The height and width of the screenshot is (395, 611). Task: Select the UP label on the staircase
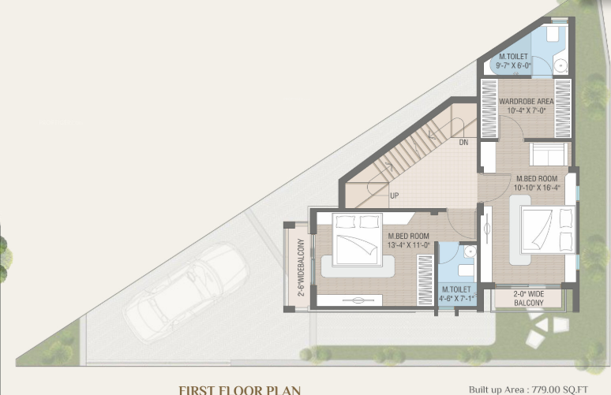pyautogui.click(x=394, y=196)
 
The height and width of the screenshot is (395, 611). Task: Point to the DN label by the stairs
pyautogui.click(x=463, y=143)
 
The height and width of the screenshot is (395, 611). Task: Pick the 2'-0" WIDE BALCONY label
pyautogui.click(x=528, y=298)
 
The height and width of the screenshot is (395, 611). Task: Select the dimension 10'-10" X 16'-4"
pyautogui.click(x=538, y=188)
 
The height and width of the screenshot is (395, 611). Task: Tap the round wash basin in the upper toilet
pyautogui.click(x=559, y=65)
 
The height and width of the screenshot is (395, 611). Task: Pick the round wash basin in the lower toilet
pyautogui.click(x=468, y=252)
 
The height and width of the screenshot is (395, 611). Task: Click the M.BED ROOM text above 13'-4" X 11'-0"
pyautogui.click(x=408, y=237)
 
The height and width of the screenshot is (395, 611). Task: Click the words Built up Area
pyautogui.click(x=497, y=389)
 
